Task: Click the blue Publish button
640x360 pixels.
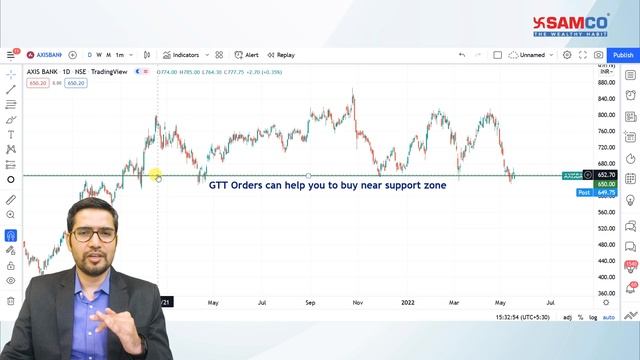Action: tap(623, 55)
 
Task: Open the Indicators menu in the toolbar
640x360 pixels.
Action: tap(181, 55)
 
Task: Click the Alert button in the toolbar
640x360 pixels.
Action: tap(247, 55)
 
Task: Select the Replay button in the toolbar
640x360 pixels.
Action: tap(281, 55)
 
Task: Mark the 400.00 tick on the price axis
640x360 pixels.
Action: tap(607, 277)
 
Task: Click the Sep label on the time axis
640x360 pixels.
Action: tap(310, 301)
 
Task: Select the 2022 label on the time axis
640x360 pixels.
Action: tap(407, 301)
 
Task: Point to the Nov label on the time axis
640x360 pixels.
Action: tap(357, 301)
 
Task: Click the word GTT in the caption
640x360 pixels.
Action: tap(220, 185)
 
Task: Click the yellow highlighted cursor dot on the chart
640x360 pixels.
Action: tap(157, 177)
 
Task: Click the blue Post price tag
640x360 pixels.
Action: tap(584, 192)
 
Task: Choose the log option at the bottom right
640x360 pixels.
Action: tap(593, 317)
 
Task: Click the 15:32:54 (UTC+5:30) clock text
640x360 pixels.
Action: tap(521, 317)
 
